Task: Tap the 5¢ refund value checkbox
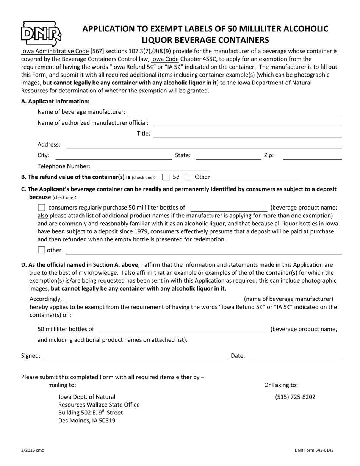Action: [166, 177]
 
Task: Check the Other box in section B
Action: [188, 177]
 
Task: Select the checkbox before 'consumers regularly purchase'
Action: [42, 208]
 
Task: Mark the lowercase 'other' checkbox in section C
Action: [42, 250]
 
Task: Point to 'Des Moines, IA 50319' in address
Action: [87, 420]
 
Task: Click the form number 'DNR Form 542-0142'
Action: [314, 450]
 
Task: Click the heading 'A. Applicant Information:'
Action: [55, 101]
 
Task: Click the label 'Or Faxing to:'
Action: [281, 385]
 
